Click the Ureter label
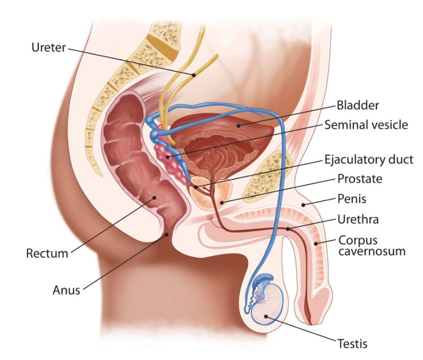[49, 47]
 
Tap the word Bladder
[357, 105]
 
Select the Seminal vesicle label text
[366, 125]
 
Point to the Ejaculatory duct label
[368, 160]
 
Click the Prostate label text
[360, 179]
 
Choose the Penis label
[352, 199]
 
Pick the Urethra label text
[358, 220]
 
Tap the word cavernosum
[372, 251]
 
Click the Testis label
[352, 344]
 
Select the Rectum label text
[47, 253]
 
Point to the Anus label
[67, 290]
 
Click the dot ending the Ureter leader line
[193, 75]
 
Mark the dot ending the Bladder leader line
[238, 125]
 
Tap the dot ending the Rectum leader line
[155, 198]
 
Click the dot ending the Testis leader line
[266, 316]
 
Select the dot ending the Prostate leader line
[222, 202]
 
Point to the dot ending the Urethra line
[288, 229]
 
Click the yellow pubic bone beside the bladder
[267, 176]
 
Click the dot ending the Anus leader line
[167, 235]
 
